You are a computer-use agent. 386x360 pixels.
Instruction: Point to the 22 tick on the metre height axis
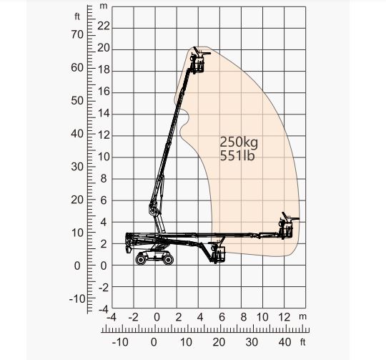(104, 26)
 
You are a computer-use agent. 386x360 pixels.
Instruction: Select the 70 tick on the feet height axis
(76, 34)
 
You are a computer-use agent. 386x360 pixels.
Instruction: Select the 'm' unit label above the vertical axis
(104, 6)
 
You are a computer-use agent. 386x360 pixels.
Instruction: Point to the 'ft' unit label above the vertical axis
(77, 15)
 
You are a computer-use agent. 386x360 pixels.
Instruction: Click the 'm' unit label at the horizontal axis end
(302, 316)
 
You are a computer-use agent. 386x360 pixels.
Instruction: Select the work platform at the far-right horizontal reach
(287, 228)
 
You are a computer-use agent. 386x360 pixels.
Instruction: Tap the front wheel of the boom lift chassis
(167, 258)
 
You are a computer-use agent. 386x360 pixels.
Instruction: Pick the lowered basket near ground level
(219, 253)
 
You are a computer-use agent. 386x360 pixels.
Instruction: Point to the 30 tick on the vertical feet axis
(76, 166)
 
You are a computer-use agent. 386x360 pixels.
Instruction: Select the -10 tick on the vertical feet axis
(75, 298)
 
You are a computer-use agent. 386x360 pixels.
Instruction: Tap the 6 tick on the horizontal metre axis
(222, 316)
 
